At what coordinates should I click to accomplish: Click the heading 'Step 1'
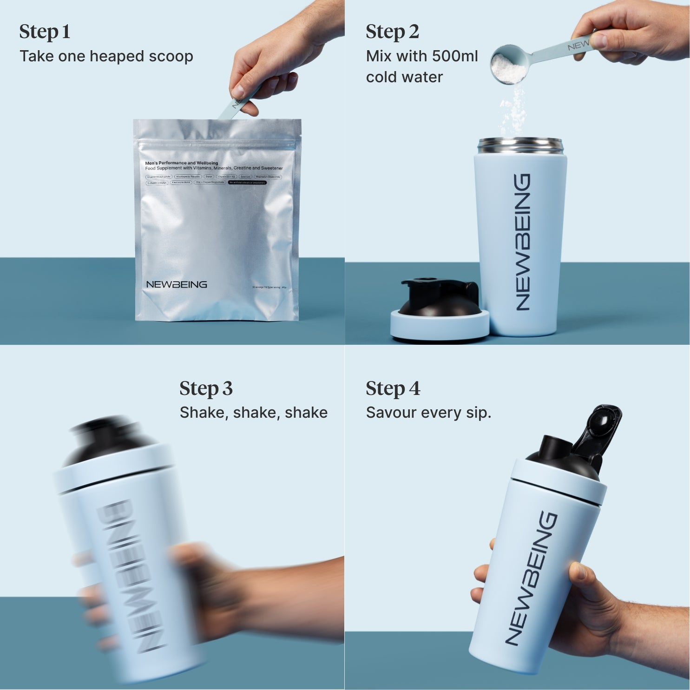(45, 32)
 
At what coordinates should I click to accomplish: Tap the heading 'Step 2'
(392, 32)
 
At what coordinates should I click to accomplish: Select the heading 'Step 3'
(206, 388)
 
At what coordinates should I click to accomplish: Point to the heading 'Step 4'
(393, 388)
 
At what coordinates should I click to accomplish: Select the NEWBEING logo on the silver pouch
(176, 284)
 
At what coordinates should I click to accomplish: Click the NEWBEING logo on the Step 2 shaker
(522, 242)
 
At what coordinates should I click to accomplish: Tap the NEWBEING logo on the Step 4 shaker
(531, 578)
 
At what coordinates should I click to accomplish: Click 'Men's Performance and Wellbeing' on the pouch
(181, 163)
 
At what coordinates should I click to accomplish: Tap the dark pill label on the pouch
(247, 183)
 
